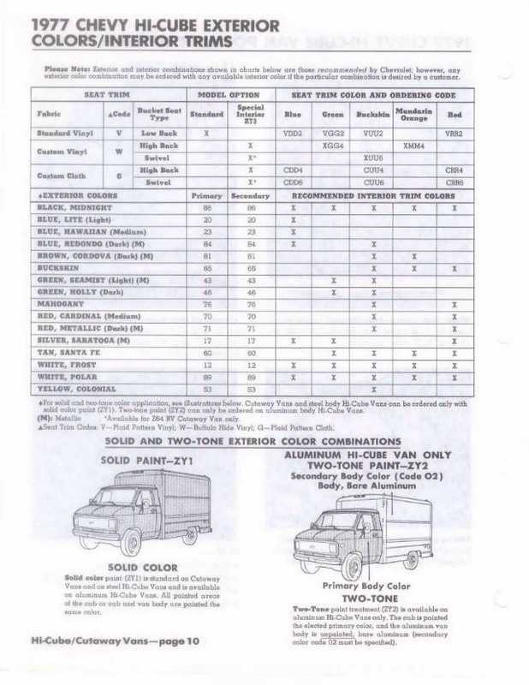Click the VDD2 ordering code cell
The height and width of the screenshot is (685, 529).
[293, 134]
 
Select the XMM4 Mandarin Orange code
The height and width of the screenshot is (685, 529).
[413, 146]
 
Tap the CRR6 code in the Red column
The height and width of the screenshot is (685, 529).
[454, 182]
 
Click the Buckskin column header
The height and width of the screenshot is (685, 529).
[373, 112]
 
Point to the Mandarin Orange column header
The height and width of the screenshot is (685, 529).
[413, 112]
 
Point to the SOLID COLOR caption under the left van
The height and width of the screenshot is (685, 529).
[144, 567]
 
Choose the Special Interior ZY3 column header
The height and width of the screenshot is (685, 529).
[250, 112]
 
